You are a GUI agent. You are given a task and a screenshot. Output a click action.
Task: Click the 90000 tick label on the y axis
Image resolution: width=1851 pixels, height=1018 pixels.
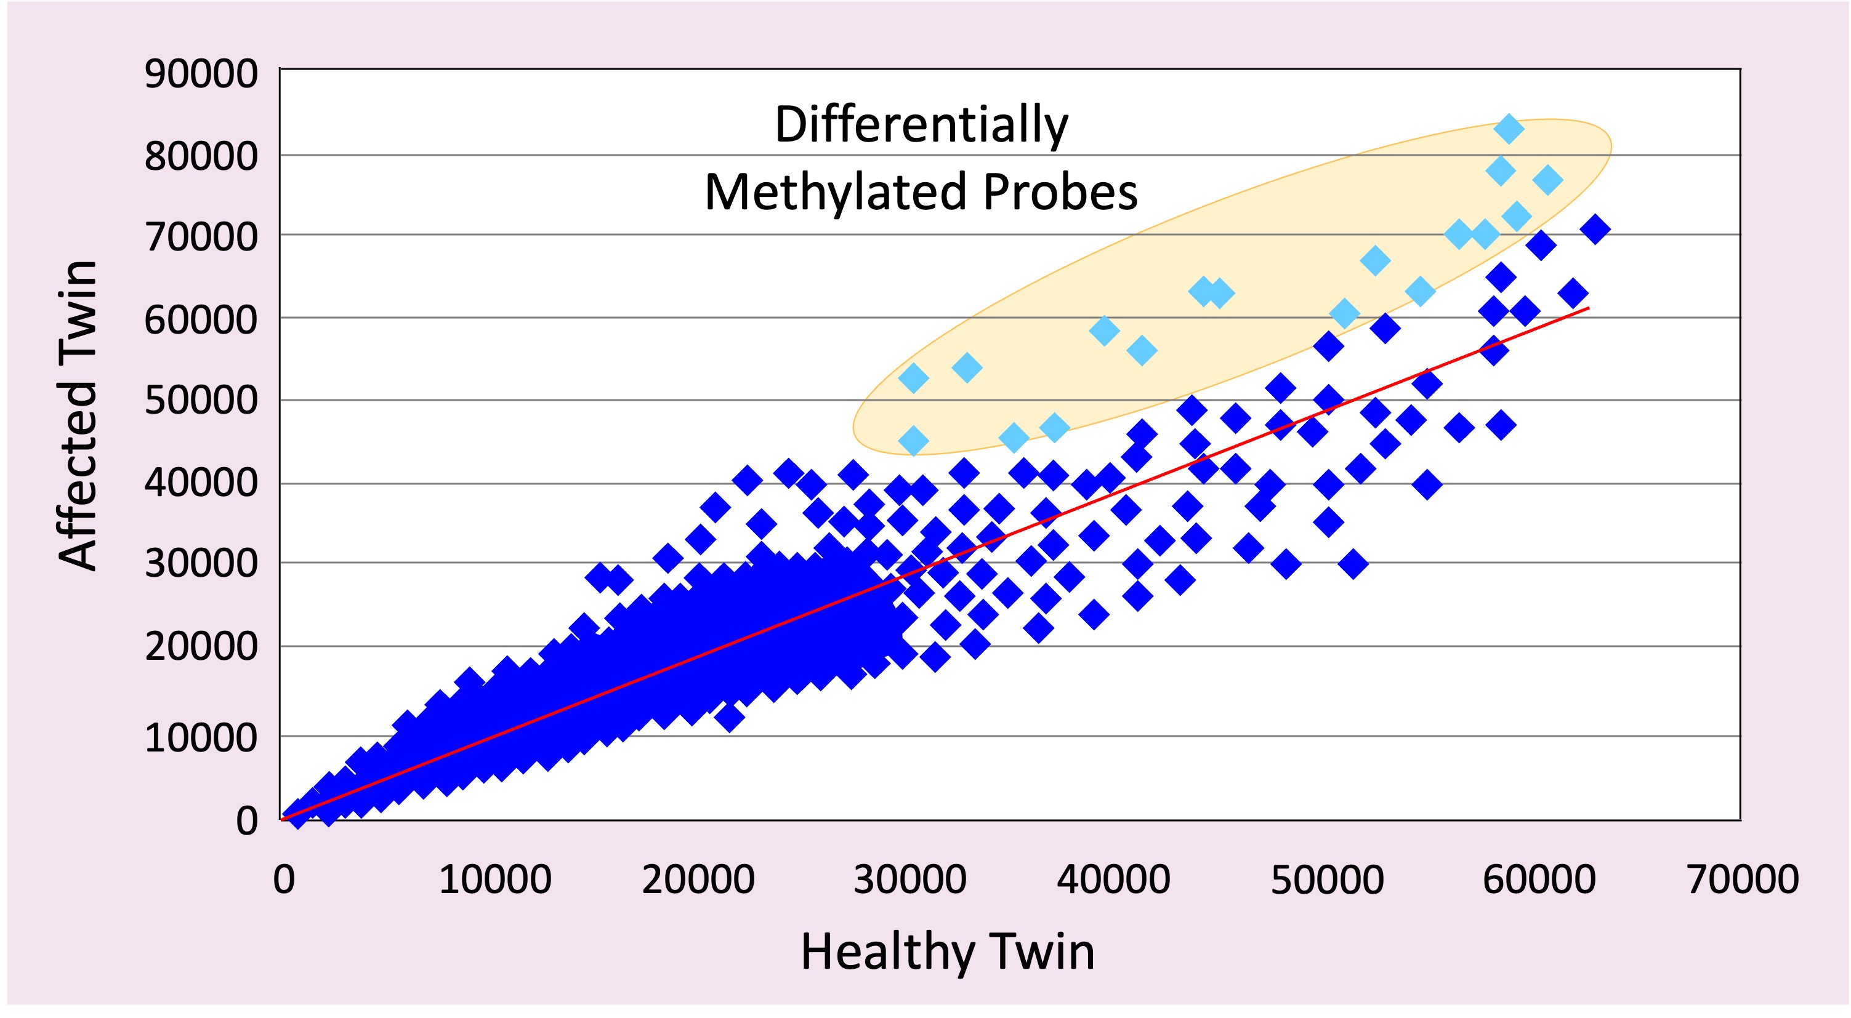pos(201,74)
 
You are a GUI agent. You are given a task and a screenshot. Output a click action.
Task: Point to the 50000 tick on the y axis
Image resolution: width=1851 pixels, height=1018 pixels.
pos(201,400)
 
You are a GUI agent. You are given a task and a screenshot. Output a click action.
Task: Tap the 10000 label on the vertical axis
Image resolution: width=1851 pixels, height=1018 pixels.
pos(201,738)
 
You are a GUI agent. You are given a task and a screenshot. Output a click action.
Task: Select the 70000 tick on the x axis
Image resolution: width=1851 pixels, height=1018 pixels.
pos(1743,880)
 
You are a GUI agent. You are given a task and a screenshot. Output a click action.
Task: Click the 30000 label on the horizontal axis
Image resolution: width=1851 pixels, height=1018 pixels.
pos(909,880)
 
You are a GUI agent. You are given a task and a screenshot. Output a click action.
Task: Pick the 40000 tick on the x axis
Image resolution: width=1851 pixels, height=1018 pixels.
pos(1113,880)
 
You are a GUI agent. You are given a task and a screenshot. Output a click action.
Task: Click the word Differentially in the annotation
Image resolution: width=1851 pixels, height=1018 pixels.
pos(921,125)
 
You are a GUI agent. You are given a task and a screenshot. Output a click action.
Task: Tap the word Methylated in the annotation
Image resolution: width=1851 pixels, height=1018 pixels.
pos(835,193)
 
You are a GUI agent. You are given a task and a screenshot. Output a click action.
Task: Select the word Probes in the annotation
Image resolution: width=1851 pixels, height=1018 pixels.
pos(1060,193)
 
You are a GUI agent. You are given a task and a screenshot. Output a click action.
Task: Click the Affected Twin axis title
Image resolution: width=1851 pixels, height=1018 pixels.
pos(77,415)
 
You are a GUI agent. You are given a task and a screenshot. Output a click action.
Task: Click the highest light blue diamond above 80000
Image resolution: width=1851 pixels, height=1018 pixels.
pos(1508,129)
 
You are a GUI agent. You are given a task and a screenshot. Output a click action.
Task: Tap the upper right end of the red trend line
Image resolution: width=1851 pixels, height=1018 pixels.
pos(1587,309)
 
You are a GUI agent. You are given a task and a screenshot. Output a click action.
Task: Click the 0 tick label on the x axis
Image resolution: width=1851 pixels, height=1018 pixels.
pos(284,880)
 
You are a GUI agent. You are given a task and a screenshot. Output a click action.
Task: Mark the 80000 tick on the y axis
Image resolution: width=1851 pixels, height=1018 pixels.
pos(201,156)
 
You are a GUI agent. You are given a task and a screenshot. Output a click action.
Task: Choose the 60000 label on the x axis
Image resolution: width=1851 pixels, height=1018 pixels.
pos(1539,880)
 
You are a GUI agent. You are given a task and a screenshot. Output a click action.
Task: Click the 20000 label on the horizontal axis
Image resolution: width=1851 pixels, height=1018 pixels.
pos(698,880)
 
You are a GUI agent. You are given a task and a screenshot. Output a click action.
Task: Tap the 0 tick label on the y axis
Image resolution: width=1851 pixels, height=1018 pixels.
pos(246,820)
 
